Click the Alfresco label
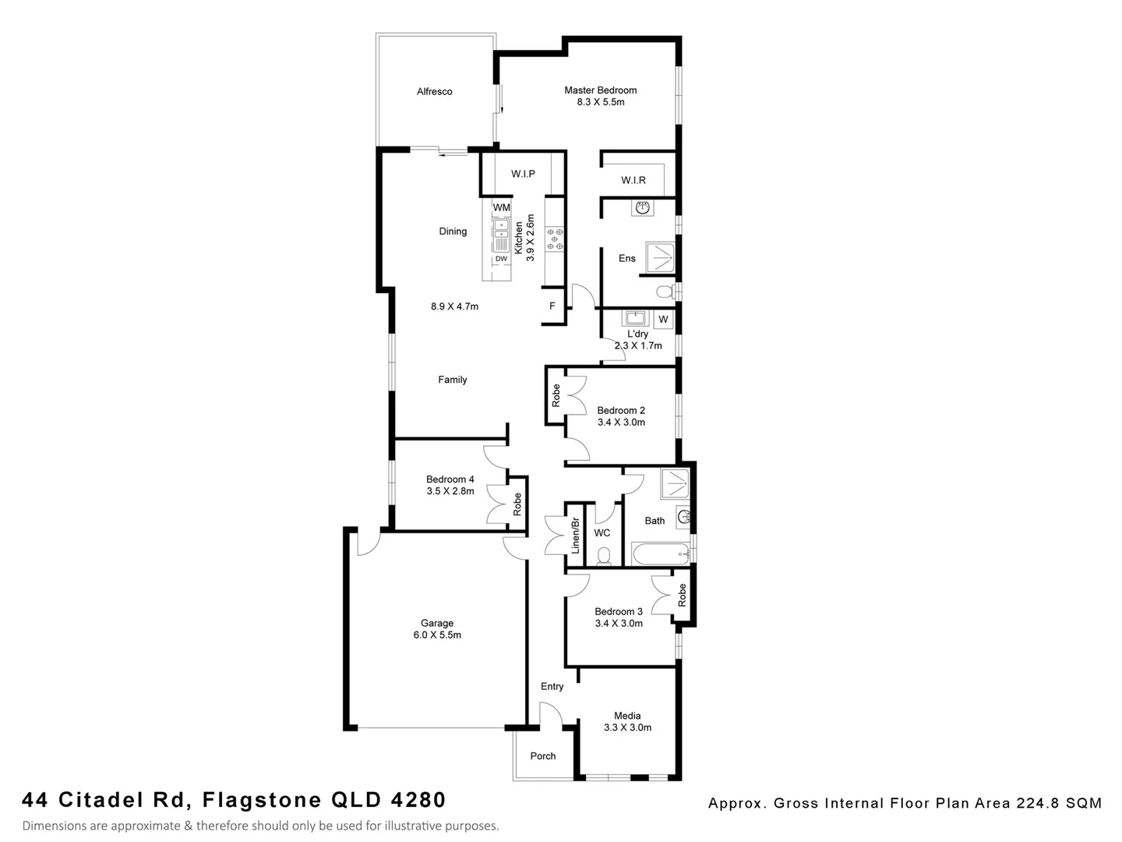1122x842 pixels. [x=434, y=92]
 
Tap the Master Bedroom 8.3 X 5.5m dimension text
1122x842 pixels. [x=600, y=102]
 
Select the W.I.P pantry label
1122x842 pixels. [x=523, y=174]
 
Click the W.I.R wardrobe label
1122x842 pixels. [x=633, y=180]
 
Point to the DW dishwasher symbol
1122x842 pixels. [x=501, y=259]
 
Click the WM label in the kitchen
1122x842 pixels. [x=501, y=207]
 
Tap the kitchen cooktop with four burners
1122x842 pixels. [x=555, y=239]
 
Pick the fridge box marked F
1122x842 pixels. [x=552, y=306]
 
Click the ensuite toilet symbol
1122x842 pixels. [x=665, y=293]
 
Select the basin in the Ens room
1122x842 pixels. [x=643, y=207]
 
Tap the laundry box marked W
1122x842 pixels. [x=663, y=320]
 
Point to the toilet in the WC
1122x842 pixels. [x=603, y=556]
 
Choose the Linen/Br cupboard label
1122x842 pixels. [x=575, y=535]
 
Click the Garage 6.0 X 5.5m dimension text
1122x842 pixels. [x=437, y=635]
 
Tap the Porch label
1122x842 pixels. [x=543, y=756]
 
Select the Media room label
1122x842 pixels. [x=627, y=716]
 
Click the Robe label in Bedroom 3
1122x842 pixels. [x=683, y=596]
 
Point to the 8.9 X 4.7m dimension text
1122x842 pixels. [x=454, y=306]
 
